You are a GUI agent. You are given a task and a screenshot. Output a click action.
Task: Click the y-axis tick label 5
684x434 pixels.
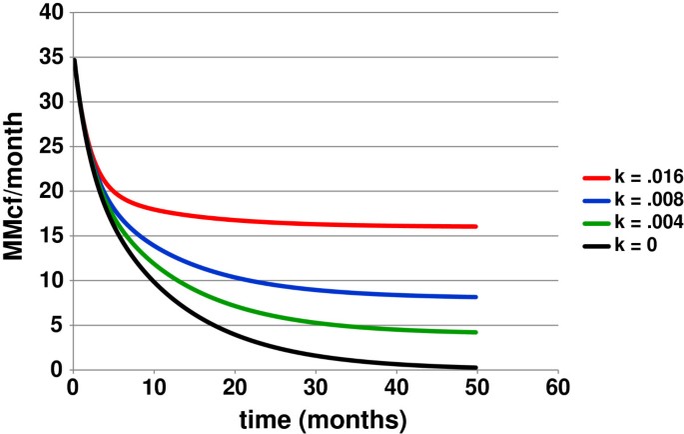point(56,325)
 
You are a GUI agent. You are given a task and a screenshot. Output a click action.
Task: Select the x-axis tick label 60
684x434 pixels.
point(558,387)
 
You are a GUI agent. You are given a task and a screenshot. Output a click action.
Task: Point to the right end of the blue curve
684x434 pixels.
point(476,297)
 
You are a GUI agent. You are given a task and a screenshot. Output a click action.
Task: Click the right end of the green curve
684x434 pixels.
point(476,332)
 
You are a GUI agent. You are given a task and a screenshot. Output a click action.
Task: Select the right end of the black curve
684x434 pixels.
point(476,367)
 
